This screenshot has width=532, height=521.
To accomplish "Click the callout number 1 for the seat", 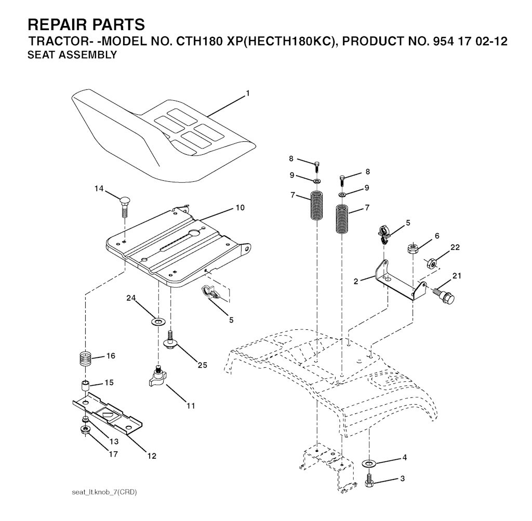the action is point(248,93).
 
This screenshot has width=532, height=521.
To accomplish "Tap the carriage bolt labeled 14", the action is point(125,207).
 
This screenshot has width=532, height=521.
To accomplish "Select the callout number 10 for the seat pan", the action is point(240,208).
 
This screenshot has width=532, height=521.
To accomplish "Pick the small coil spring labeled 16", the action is point(86,358).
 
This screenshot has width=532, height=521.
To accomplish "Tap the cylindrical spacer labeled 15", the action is point(85,385).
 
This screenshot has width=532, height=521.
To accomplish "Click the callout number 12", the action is point(152,456).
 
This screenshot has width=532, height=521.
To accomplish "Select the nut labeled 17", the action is point(85,430).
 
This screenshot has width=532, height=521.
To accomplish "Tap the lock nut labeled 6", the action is point(412,248).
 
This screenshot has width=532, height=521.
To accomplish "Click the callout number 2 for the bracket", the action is point(355,281).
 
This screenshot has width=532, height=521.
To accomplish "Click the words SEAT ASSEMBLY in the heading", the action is point(72,55).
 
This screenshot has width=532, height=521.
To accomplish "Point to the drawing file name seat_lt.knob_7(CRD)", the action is point(104,492).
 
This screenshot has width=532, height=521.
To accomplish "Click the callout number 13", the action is point(114,442).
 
